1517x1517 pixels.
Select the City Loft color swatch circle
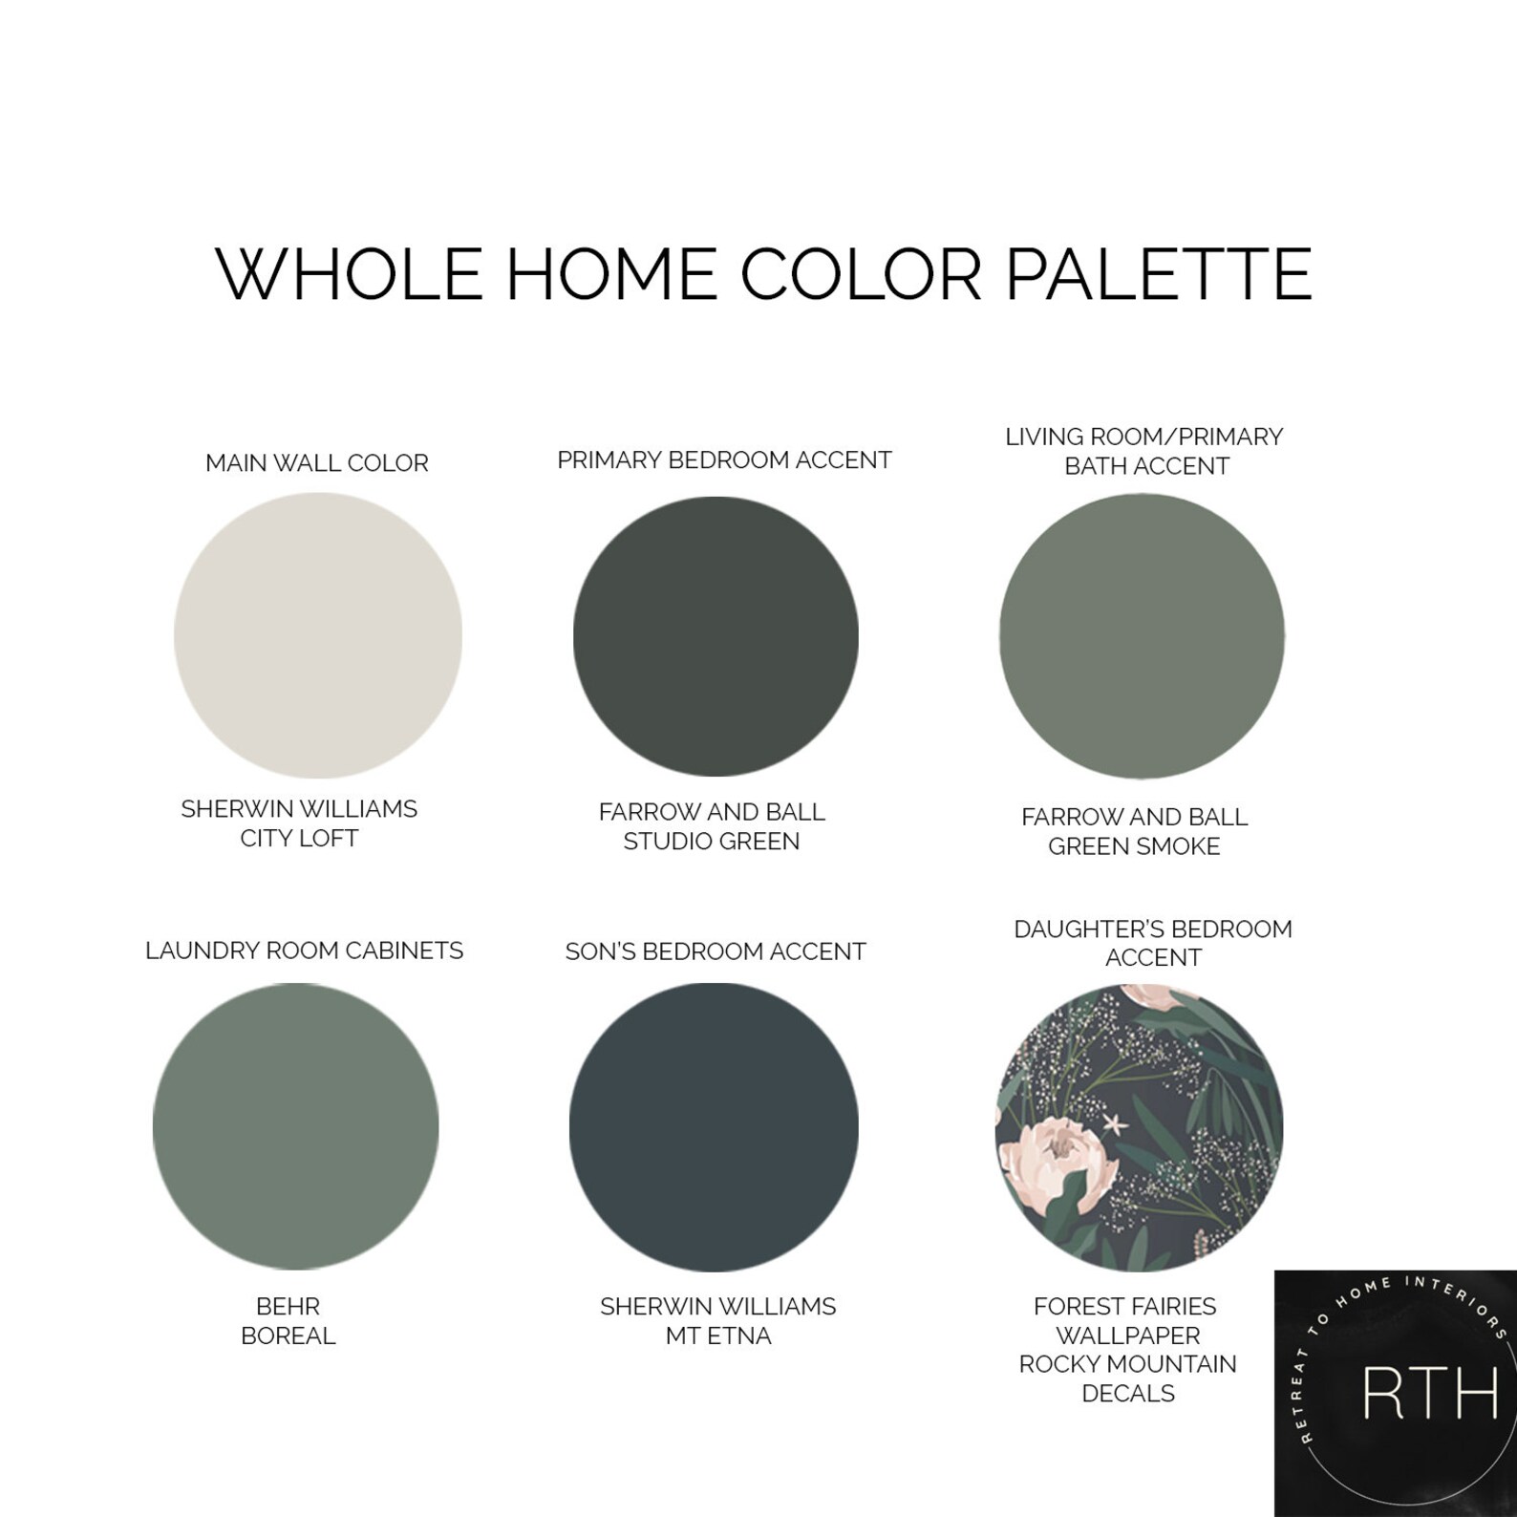(x=318, y=636)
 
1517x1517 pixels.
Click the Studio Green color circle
(x=716, y=636)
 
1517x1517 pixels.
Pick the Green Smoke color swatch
(x=1142, y=636)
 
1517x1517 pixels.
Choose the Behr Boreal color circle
(x=295, y=1127)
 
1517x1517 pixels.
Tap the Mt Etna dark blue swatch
(x=714, y=1127)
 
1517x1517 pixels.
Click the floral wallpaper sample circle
(x=1139, y=1127)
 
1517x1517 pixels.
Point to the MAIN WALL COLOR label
(x=317, y=463)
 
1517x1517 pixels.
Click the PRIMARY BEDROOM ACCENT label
(x=724, y=460)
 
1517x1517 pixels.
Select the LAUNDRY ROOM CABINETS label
(x=304, y=951)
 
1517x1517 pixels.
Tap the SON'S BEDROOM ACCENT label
(x=716, y=951)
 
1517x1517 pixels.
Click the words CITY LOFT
(x=299, y=839)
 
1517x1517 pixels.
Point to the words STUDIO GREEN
(x=712, y=842)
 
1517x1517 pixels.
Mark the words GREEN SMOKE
(x=1134, y=846)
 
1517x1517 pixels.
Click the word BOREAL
(x=288, y=1335)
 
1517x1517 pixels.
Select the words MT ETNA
(x=718, y=1335)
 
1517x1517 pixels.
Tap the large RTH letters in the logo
(x=1430, y=1396)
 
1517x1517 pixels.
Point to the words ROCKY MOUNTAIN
(x=1127, y=1364)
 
